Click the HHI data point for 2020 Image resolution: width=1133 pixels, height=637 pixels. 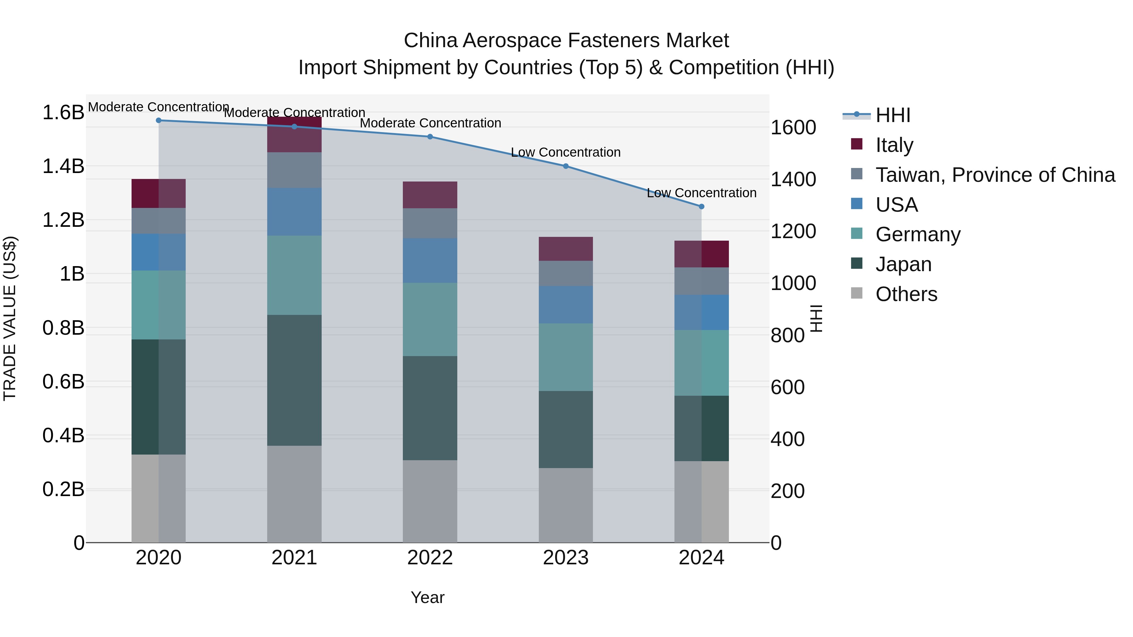159,120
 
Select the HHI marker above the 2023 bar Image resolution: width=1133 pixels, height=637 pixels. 566,166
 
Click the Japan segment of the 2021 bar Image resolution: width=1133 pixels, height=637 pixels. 294,380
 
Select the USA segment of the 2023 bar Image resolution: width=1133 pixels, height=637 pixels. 566,305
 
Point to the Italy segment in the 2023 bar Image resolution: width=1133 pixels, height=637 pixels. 566,249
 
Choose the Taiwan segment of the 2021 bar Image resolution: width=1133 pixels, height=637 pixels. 294,170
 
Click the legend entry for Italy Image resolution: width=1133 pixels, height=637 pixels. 894,145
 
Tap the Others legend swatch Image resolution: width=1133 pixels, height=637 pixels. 857,293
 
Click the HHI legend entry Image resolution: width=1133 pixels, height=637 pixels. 893,115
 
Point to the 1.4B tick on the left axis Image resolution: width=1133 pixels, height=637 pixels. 63,167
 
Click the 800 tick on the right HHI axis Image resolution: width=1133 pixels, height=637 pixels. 787,335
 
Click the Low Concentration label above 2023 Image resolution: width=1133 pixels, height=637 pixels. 566,153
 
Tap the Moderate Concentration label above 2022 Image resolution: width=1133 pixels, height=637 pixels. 430,123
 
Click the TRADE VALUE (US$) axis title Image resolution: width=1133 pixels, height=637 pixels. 10,318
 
